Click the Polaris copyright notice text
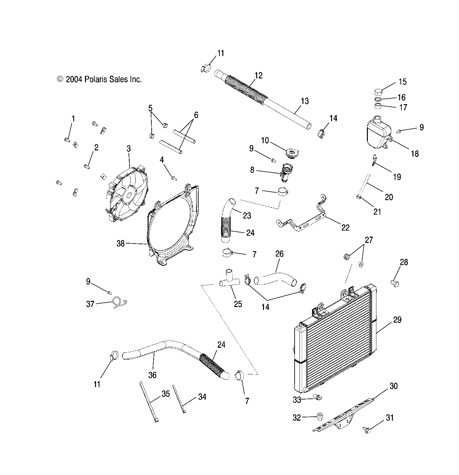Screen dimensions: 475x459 pyautogui.click(x=99, y=79)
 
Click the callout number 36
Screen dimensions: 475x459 pyautogui.click(x=152, y=375)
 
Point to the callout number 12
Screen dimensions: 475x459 pyautogui.click(x=258, y=76)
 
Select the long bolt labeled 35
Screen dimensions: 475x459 pyautogui.click(x=149, y=402)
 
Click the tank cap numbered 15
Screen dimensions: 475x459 pyautogui.click(x=378, y=91)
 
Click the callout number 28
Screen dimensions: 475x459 pyautogui.click(x=404, y=262)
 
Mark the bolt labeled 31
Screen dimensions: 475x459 pyautogui.click(x=367, y=430)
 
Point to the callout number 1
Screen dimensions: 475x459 pyautogui.click(x=73, y=119)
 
